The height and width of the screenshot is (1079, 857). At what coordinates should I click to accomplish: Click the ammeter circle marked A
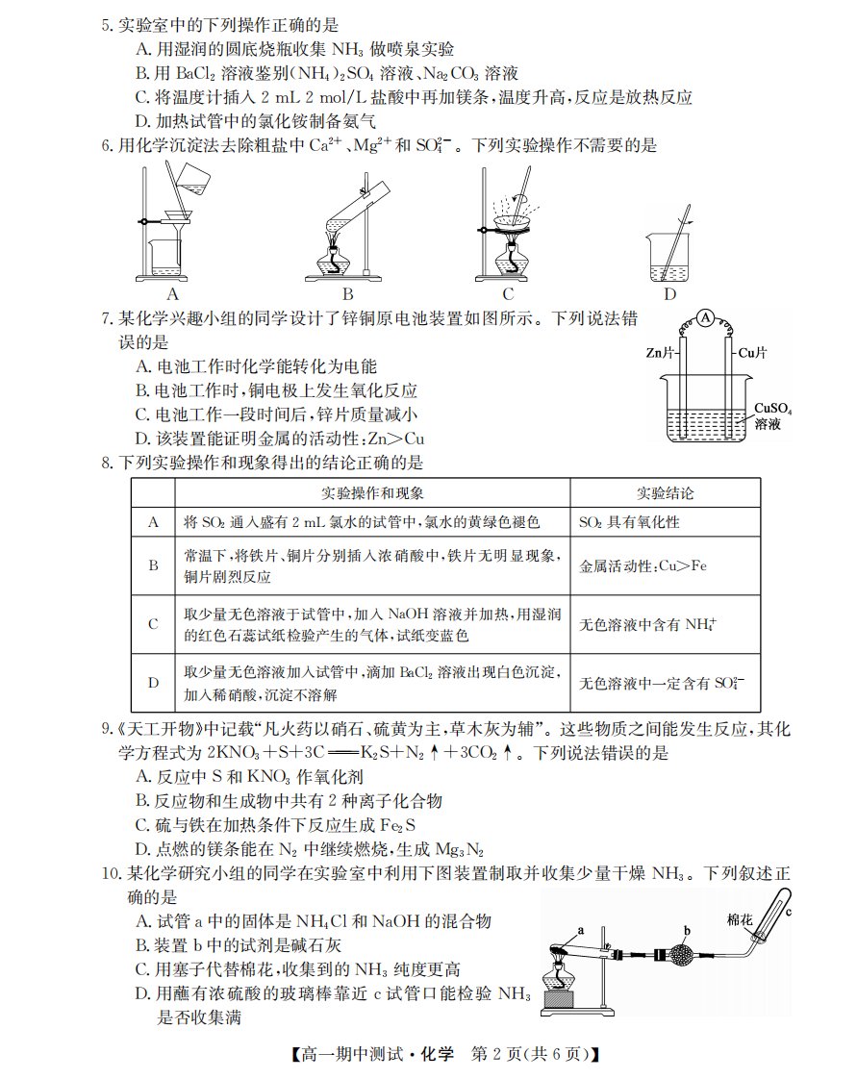(x=706, y=317)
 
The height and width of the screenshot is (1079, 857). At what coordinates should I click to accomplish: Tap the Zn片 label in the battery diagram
(x=660, y=353)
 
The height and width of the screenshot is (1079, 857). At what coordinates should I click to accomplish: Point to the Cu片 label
(x=753, y=353)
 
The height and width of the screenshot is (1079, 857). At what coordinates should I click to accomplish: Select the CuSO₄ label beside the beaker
(x=772, y=409)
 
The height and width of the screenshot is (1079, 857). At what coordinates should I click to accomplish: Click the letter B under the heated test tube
(x=348, y=294)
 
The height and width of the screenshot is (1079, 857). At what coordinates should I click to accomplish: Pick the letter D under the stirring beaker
(x=669, y=294)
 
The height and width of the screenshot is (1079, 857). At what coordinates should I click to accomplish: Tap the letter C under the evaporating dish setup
(x=508, y=294)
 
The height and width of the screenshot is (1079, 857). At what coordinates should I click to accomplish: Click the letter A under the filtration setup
(x=173, y=294)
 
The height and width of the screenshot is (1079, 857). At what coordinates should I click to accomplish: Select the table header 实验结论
(x=665, y=493)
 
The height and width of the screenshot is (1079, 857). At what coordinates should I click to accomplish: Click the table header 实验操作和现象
(x=372, y=493)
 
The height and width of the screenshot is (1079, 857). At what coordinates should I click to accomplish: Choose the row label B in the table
(x=154, y=565)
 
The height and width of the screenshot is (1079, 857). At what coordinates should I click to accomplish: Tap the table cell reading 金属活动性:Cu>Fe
(x=643, y=565)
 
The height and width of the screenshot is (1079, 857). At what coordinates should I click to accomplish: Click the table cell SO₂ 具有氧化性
(x=629, y=522)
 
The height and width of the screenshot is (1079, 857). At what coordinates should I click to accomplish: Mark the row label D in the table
(x=154, y=683)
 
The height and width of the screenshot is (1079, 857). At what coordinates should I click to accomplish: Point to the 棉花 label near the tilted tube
(x=740, y=919)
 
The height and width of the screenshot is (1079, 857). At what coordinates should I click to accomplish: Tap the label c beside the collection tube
(x=789, y=912)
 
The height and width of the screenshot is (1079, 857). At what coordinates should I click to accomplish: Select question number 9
(x=107, y=729)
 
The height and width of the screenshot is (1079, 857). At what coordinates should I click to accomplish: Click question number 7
(x=107, y=318)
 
